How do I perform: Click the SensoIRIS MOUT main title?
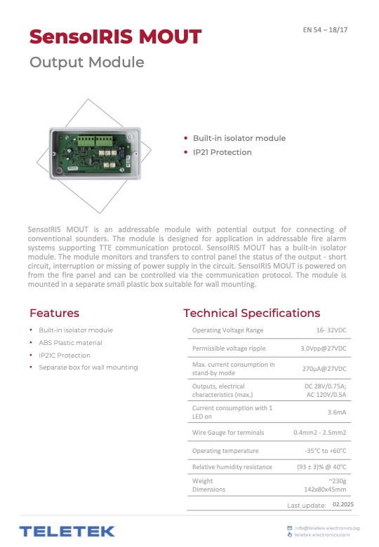115,36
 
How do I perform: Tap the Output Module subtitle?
86,62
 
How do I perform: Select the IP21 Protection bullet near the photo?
222,152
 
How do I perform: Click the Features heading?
54,313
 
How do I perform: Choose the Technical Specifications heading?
251,313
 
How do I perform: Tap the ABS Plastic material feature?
70,343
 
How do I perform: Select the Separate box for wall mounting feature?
88,367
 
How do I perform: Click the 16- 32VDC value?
331,330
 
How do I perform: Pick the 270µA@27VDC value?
324,368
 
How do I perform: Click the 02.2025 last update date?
343,504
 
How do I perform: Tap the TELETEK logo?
67,531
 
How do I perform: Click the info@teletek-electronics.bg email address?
327,527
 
